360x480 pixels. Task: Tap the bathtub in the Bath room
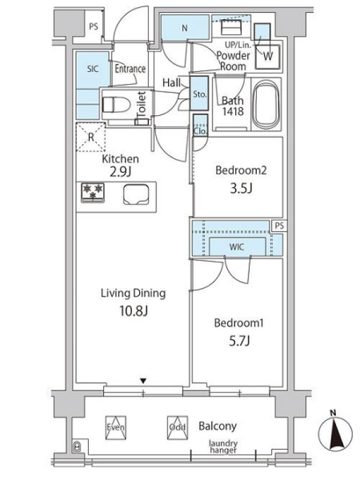266,104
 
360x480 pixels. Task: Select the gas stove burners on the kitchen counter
93,192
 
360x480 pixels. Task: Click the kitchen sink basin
136,194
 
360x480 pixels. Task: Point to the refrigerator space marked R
91,137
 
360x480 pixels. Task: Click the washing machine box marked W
268,56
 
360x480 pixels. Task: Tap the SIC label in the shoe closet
92,68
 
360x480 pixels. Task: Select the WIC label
236,247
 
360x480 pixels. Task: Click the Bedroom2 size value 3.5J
241,188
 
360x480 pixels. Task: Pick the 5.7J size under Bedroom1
239,340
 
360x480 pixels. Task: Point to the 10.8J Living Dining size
134,311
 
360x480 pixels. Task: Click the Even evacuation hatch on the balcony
116,428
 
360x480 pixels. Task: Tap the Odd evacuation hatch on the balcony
178,428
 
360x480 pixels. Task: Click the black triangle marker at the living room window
143,381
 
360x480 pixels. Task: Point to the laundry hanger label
223,446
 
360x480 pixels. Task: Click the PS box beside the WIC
280,226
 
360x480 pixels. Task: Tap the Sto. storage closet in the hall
199,94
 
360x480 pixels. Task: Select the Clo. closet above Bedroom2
200,125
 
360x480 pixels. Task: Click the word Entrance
130,68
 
